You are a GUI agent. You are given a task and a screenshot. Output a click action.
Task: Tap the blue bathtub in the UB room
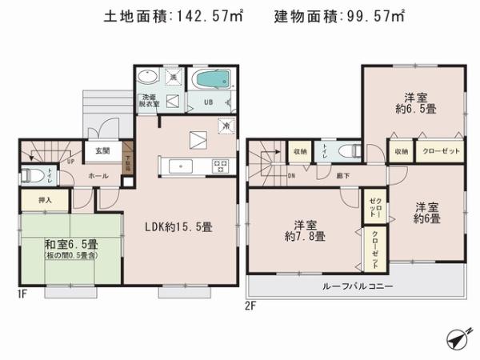coord(212,80)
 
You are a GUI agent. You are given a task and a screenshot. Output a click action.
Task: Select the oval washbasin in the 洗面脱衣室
coord(149,78)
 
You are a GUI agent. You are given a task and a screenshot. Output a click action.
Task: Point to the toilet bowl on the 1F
coord(31,175)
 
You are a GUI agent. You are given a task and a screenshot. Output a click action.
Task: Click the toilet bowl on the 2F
coord(348,150)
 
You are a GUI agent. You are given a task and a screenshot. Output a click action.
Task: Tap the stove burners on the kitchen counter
coord(219,166)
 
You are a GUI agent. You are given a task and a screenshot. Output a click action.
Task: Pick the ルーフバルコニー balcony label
coord(357,286)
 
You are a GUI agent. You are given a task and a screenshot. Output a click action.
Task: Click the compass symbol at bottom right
coord(456,339)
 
